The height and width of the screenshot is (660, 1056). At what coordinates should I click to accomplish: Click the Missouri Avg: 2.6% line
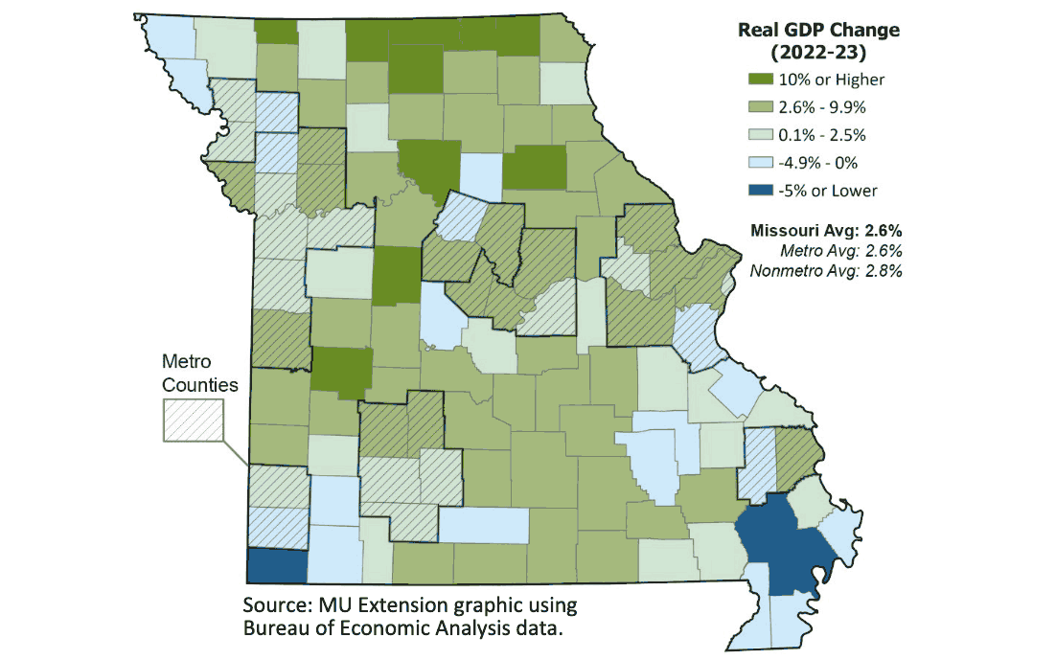coord(826,231)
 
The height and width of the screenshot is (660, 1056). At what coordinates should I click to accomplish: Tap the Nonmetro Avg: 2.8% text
coord(827,270)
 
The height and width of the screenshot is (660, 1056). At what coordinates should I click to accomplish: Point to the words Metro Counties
coord(193,373)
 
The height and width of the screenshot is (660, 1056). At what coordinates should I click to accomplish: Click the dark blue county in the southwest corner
coord(277,565)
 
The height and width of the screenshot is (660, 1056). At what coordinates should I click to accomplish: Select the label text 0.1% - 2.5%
coord(829,135)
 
